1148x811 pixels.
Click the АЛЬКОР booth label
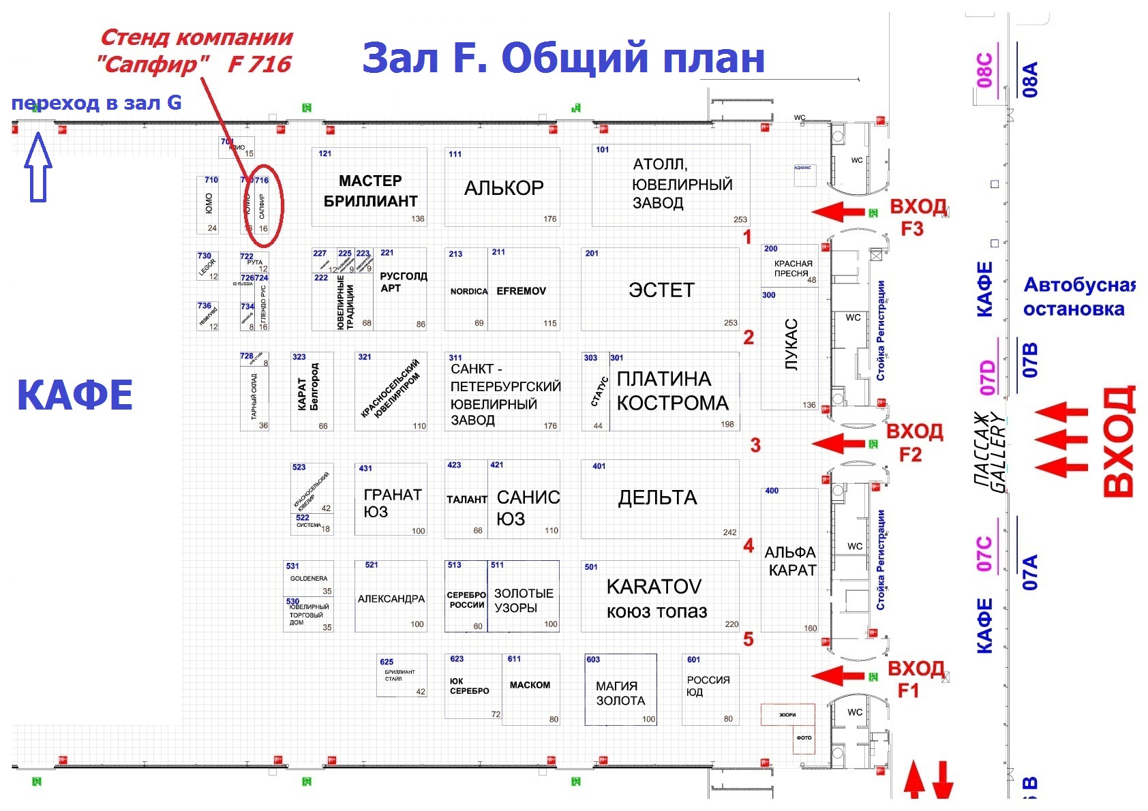(x=504, y=188)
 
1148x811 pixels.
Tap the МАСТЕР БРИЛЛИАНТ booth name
(x=370, y=191)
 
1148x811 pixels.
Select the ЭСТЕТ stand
(x=661, y=290)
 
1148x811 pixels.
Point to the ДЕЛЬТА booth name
(x=657, y=498)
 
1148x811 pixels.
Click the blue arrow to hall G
(x=38, y=168)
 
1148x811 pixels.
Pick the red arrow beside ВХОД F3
(x=839, y=212)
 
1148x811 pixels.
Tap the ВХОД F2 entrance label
(x=913, y=442)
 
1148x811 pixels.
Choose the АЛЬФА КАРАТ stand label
(x=791, y=561)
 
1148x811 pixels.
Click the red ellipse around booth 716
(x=264, y=205)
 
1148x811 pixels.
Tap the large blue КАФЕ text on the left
(x=75, y=395)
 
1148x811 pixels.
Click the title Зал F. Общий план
(x=563, y=57)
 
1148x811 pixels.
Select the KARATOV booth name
(x=654, y=587)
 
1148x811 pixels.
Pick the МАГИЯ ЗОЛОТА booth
(x=620, y=693)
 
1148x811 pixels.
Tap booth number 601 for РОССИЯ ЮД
(x=693, y=660)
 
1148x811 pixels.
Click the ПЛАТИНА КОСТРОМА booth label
(x=671, y=391)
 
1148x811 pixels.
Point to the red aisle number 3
(x=755, y=445)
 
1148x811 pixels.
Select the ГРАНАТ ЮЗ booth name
(x=392, y=503)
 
